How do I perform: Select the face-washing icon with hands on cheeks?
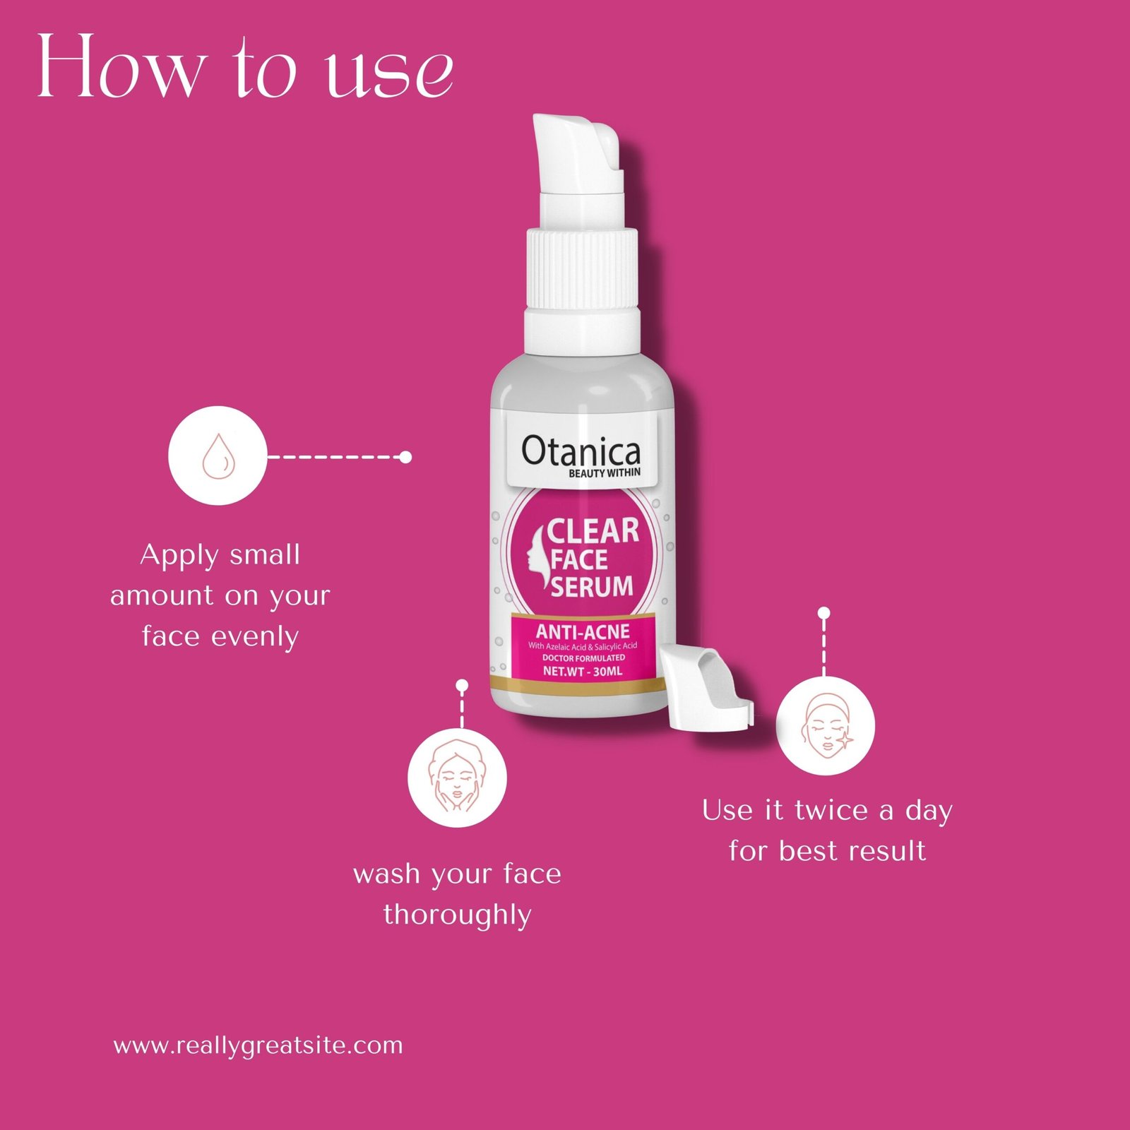pos(457,778)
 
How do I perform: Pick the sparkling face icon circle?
pos(826,725)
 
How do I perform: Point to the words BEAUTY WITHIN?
pos(605,472)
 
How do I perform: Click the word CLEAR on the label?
pos(593,531)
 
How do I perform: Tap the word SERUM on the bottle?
pos(592,586)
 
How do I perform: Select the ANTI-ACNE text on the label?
pos(583,631)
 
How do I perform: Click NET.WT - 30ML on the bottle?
pos(583,671)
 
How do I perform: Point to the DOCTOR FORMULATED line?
pos(583,658)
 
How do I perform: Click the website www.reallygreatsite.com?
pos(258,1045)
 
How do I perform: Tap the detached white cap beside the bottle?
pos(706,689)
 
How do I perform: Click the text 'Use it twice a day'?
pos(827,810)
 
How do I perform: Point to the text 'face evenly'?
pos(220,636)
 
